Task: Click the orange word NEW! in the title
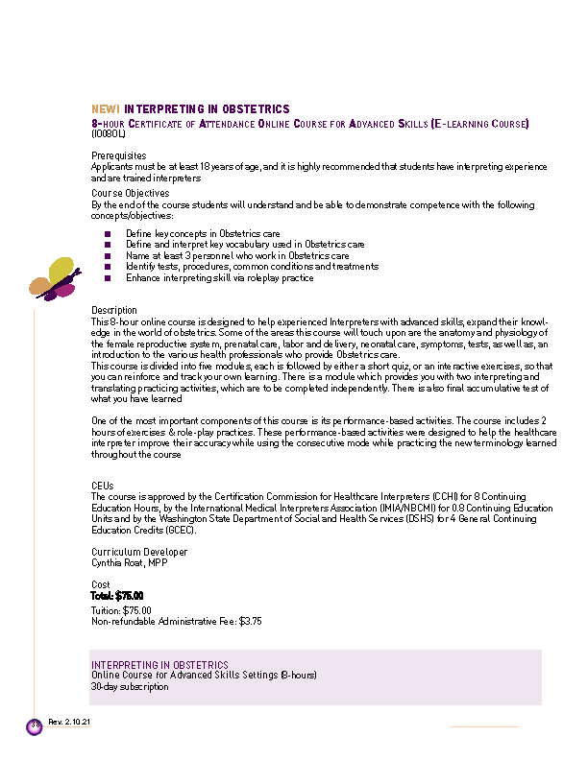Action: click(x=105, y=109)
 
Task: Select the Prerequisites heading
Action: click(x=118, y=155)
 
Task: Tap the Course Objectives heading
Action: click(x=130, y=194)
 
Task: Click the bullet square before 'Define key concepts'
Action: click(x=108, y=233)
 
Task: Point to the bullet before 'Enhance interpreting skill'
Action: click(x=108, y=278)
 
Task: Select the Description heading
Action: click(x=114, y=310)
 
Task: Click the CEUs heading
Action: click(x=102, y=487)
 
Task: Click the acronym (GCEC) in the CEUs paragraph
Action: click(x=179, y=530)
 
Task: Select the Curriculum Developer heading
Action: click(x=139, y=552)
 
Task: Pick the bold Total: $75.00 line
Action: click(x=117, y=596)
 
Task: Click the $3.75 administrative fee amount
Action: click(x=250, y=622)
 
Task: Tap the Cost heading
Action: click(x=101, y=584)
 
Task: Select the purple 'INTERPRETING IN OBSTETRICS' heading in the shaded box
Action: click(x=159, y=665)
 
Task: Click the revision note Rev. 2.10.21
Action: click(x=69, y=722)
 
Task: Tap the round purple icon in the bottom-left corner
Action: click(x=35, y=726)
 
